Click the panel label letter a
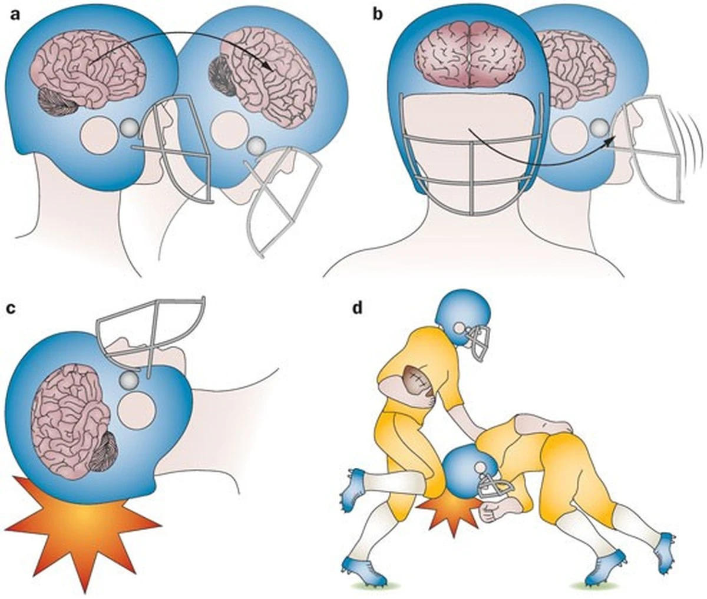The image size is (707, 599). (x=15, y=15)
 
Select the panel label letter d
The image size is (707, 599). (x=357, y=308)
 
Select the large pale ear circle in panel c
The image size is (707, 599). (x=136, y=410)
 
